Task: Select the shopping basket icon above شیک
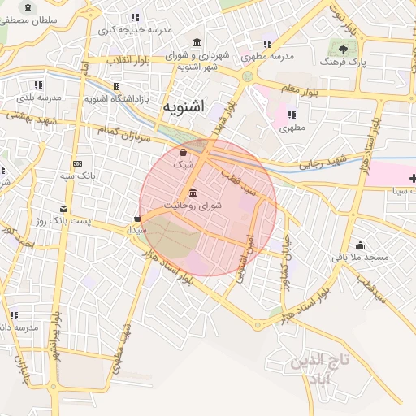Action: (x=184, y=151)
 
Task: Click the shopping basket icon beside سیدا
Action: (x=137, y=218)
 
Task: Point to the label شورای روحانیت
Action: (x=192, y=206)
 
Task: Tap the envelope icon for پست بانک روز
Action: (x=64, y=208)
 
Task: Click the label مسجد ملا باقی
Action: (x=360, y=257)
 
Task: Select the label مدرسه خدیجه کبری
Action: (x=136, y=29)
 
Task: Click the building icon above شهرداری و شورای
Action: (x=197, y=42)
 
